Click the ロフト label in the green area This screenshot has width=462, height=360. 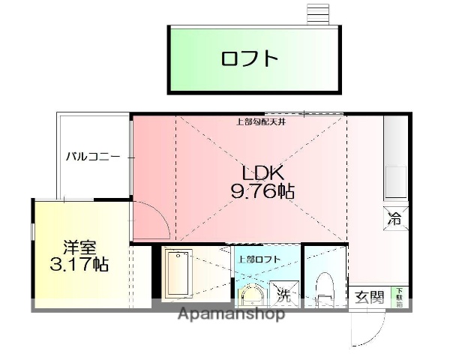coord(250,58)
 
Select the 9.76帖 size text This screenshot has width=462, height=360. coord(262,191)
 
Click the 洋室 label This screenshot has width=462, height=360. coord(79,246)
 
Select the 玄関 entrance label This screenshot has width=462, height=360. coord(370,297)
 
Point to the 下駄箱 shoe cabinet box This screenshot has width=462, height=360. coord(399,297)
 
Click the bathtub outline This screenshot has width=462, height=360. coord(178,274)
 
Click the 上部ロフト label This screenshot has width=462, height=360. coord(259,259)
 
